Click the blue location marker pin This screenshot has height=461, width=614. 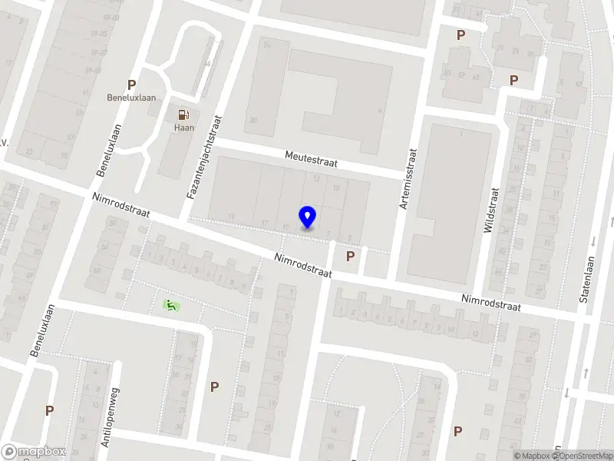(307, 217)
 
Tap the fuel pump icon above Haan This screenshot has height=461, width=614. (183, 114)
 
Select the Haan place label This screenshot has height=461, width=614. (183, 128)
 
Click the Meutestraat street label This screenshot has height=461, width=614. (311, 159)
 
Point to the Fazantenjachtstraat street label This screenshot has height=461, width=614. (205, 158)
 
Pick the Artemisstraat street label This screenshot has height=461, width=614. (407, 178)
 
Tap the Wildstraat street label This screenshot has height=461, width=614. (490, 210)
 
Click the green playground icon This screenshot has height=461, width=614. (170, 305)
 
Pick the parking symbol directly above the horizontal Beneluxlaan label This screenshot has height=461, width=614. (132, 85)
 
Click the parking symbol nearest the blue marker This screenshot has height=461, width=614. (351, 256)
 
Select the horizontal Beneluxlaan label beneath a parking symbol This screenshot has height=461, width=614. (132, 98)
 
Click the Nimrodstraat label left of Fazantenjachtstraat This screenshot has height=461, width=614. (120, 205)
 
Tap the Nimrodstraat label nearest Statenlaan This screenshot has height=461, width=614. (490, 302)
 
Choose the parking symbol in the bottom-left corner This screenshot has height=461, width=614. (49, 410)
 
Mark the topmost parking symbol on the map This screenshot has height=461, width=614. (461, 35)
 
